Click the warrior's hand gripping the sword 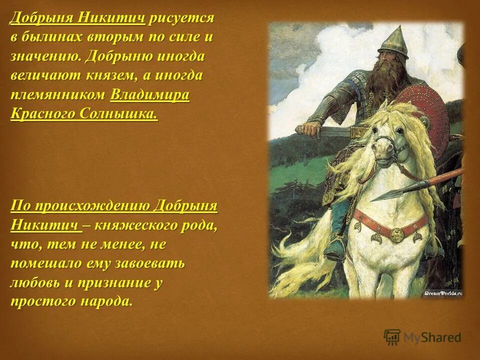[310, 129]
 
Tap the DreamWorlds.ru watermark [442, 293]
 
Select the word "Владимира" [150, 95]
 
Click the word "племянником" [58, 95]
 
